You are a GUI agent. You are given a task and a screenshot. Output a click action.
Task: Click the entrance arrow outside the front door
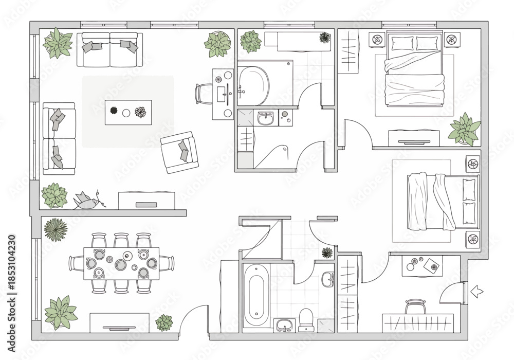476,291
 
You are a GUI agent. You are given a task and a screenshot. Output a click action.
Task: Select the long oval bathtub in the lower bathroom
256,296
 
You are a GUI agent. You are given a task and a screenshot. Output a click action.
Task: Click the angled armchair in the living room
179,152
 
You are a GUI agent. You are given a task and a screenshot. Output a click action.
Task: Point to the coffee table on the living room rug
128,113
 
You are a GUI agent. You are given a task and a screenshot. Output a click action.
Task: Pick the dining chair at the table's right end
167,263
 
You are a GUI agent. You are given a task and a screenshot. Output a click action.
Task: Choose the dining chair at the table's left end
77,263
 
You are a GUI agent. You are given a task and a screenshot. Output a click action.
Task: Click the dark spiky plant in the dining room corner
56,229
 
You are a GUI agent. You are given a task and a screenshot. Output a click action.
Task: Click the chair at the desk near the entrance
415,307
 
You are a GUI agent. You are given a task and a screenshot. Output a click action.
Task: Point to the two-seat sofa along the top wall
110,49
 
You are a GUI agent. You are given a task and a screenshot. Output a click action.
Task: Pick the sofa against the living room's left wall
59,138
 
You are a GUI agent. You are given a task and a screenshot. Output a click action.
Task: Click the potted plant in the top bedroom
465,129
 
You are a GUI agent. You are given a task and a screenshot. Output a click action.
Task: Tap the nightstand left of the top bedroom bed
377,40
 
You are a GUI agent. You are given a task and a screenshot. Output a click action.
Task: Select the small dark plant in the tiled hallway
327,253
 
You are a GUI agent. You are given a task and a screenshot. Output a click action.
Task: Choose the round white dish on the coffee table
126,113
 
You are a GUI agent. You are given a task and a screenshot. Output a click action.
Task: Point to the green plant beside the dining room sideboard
164,323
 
